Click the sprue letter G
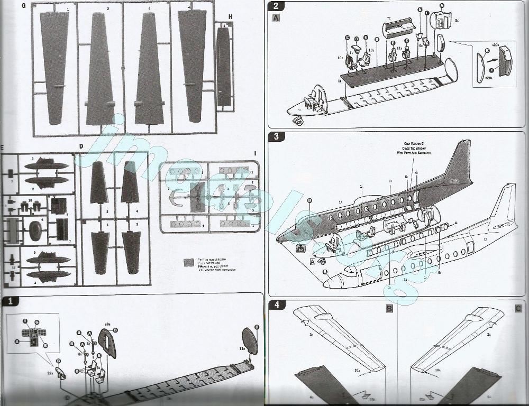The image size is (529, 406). click(23, 6)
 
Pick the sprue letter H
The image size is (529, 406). click(230, 16)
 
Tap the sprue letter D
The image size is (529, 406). click(81, 146)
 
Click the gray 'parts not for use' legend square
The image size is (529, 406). click(188, 262)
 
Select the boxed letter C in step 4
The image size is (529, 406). click(518, 308)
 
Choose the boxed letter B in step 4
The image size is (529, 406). click(389, 308)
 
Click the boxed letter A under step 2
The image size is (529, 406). click(276, 17)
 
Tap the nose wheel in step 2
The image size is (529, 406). click(299, 121)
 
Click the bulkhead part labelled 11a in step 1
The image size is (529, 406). click(249, 341)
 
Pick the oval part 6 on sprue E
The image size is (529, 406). click(36, 230)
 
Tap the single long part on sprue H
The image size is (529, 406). click(223, 66)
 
